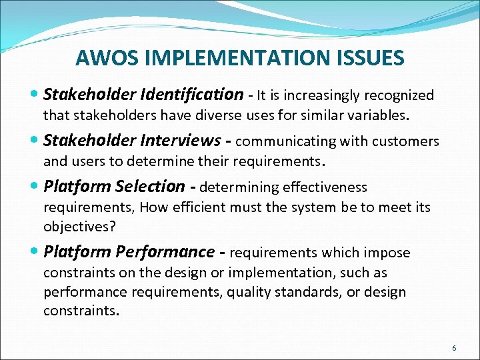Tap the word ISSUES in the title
point(371,58)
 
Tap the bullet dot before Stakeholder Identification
point(35,95)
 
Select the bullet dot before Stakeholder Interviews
point(35,141)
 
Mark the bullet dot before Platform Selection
point(35,187)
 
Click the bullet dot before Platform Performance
point(35,253)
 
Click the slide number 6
point(454,348)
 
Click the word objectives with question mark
point(79,226)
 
